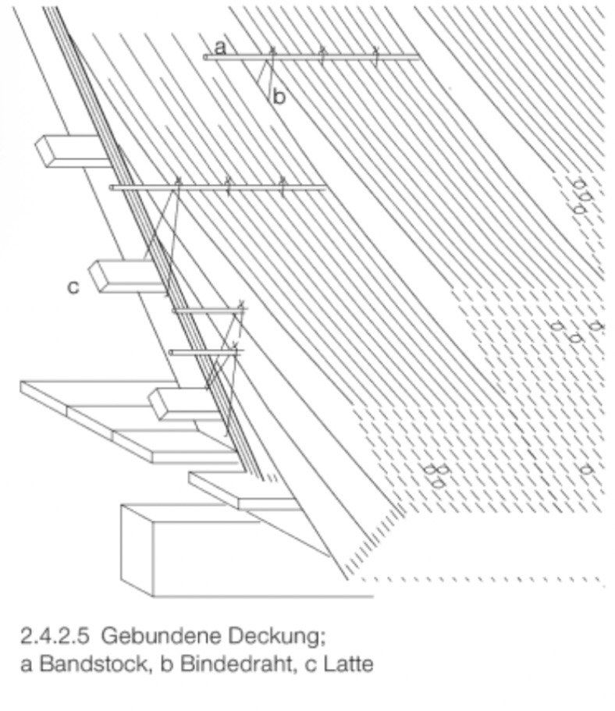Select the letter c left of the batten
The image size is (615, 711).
point(73,287)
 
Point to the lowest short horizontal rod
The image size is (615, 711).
point(203,353)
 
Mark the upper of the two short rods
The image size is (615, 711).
point(204,311)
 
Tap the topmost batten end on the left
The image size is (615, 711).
point(66,150)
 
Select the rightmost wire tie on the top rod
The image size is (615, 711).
point(375,54)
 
